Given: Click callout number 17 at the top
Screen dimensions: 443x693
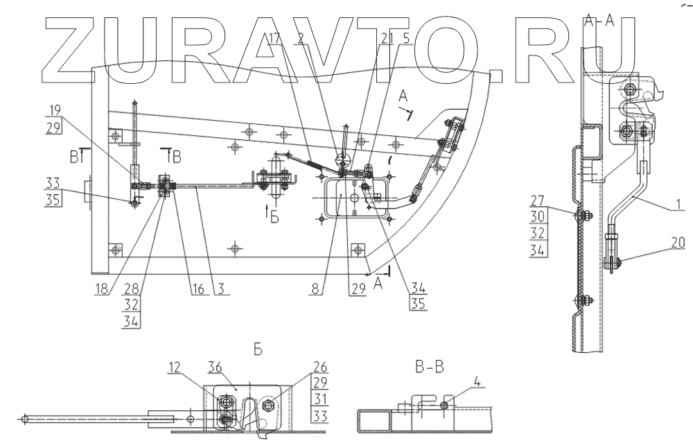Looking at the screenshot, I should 276,38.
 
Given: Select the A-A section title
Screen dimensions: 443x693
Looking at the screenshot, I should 600,21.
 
